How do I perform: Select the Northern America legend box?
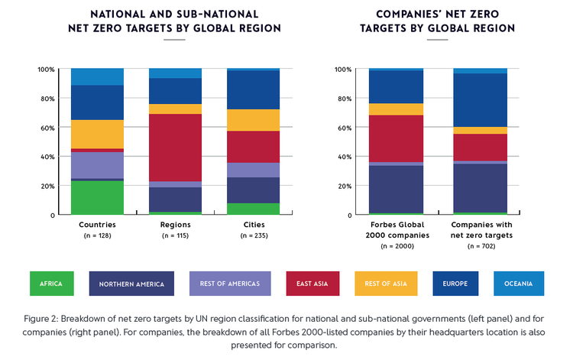[131, 284]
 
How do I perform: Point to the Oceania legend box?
[519, 284]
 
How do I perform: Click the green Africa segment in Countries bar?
[97, 197]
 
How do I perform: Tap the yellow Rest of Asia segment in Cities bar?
[253, 120]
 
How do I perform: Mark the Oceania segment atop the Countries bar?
[97, 76]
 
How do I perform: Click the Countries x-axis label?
[97, 225]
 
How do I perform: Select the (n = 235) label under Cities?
[253, 235]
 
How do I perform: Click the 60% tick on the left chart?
[46, 128]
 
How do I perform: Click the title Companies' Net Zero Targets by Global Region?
[437, 21]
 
